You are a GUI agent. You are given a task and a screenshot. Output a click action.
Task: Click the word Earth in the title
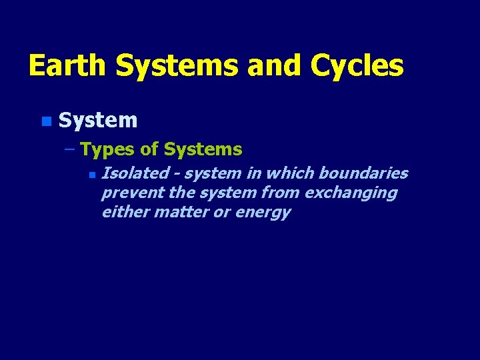pos(68,66)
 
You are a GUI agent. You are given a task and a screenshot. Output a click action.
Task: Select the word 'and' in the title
pos(274,66)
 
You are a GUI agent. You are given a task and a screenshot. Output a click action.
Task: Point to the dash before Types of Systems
pos(71,149)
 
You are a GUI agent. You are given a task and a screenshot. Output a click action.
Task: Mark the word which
pos(291,173)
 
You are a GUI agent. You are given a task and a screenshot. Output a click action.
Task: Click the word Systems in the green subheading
pos(203,149)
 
